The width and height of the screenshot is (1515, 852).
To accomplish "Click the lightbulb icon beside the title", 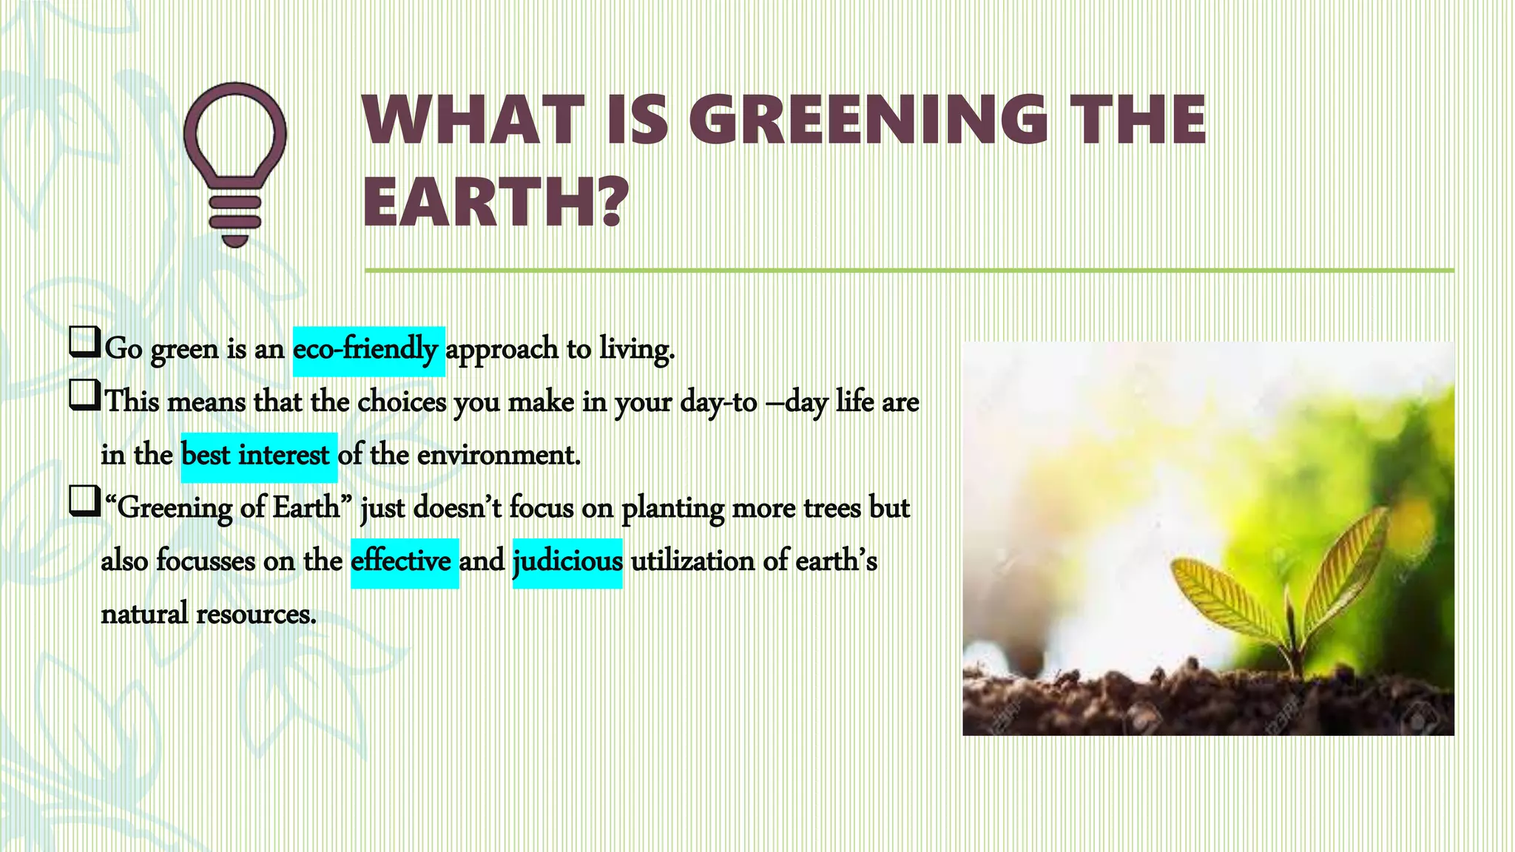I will point(235,163).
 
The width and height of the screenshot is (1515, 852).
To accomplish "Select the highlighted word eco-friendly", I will point(368,350).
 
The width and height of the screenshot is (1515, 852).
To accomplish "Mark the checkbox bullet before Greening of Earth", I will point(84,502).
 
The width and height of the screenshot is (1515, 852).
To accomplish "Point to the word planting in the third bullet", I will point(672,509).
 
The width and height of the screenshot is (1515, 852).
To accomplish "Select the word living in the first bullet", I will point(635,350).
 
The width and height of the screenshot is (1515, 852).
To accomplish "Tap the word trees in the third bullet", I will point(831,509).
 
